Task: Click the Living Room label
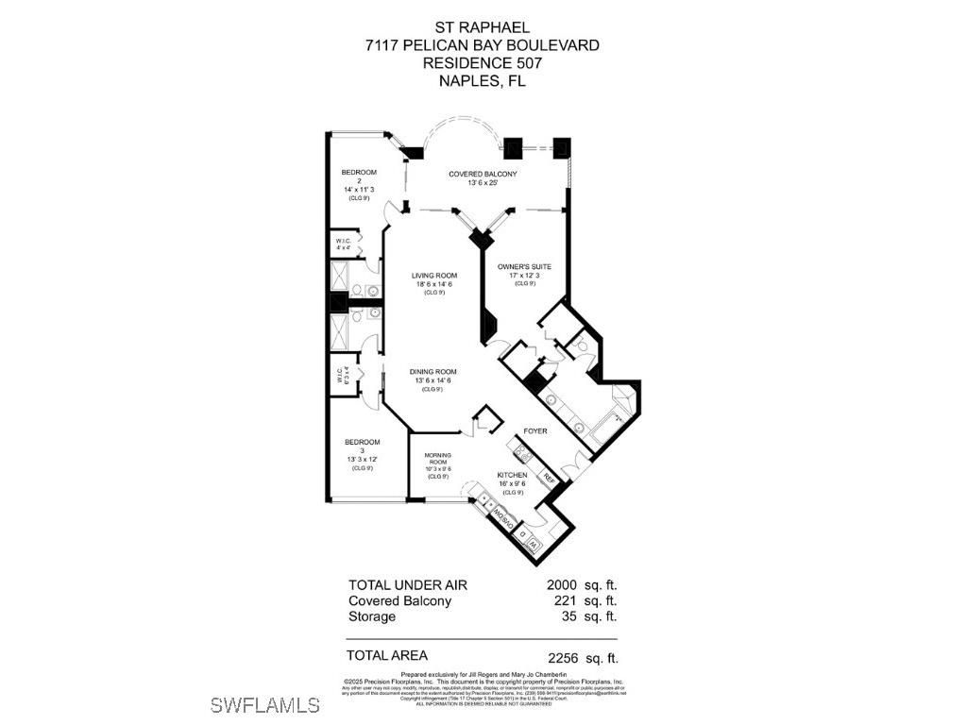tap(433, 276)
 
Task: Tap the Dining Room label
tap(433, 372)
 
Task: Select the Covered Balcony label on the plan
tap(483, 174)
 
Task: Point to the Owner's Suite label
tap(524, 266)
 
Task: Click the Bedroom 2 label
tap(359, 172)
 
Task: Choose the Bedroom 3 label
tap(362, 442)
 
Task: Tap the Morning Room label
tap(437, 457)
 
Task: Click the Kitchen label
tap(513, 475)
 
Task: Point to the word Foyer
tap(535, 431)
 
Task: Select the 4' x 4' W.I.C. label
tap(344, 241)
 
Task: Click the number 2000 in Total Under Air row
tap(564, 585)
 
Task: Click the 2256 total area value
tap(564, 658)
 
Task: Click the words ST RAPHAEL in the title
tap(482, 27)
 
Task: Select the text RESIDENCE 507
tap(482, 62)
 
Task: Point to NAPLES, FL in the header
tap(482, 80)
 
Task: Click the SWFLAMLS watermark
tap(265, 704)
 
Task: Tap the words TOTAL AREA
tap(387, 655)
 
